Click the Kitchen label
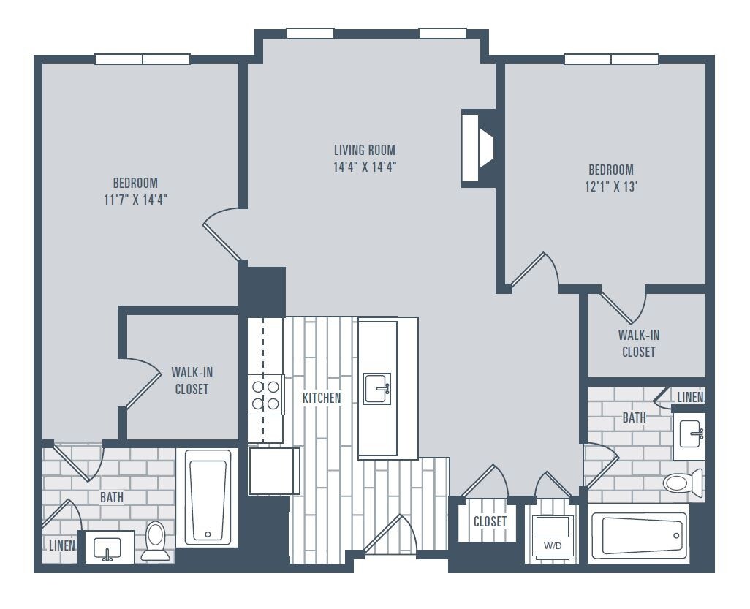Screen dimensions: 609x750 322,398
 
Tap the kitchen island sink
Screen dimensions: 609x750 377,388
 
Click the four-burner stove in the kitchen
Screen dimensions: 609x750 265,393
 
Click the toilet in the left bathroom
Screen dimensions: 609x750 156,540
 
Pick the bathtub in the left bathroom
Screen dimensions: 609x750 208,497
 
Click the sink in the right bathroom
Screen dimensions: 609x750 690,435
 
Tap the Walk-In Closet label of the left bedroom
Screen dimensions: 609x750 192,380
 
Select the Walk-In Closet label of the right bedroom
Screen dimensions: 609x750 638,343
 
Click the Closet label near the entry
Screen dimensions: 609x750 490,521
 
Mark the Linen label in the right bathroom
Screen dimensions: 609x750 690,397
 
